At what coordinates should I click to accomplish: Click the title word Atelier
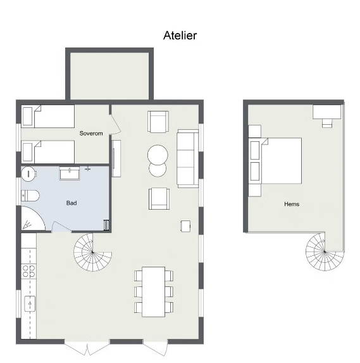(180, 35)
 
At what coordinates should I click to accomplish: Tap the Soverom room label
(91, 134)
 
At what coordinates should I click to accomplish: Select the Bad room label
(71, 203)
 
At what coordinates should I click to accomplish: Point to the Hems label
(292, 204)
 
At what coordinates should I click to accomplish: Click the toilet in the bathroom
(30, 195)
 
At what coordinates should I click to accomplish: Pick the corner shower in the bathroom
(31, 219)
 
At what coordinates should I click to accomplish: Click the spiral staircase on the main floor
(92, 252)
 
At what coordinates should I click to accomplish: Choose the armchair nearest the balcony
(158, 121)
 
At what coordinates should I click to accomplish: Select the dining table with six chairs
(153, 291)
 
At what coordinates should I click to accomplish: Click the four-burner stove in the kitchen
(29, 271)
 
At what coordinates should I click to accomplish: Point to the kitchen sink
(29, 304)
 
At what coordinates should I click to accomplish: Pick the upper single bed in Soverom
(48, 117)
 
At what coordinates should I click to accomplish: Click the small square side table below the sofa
(185, 225)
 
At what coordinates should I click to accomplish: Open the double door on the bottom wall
(87, 347)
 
